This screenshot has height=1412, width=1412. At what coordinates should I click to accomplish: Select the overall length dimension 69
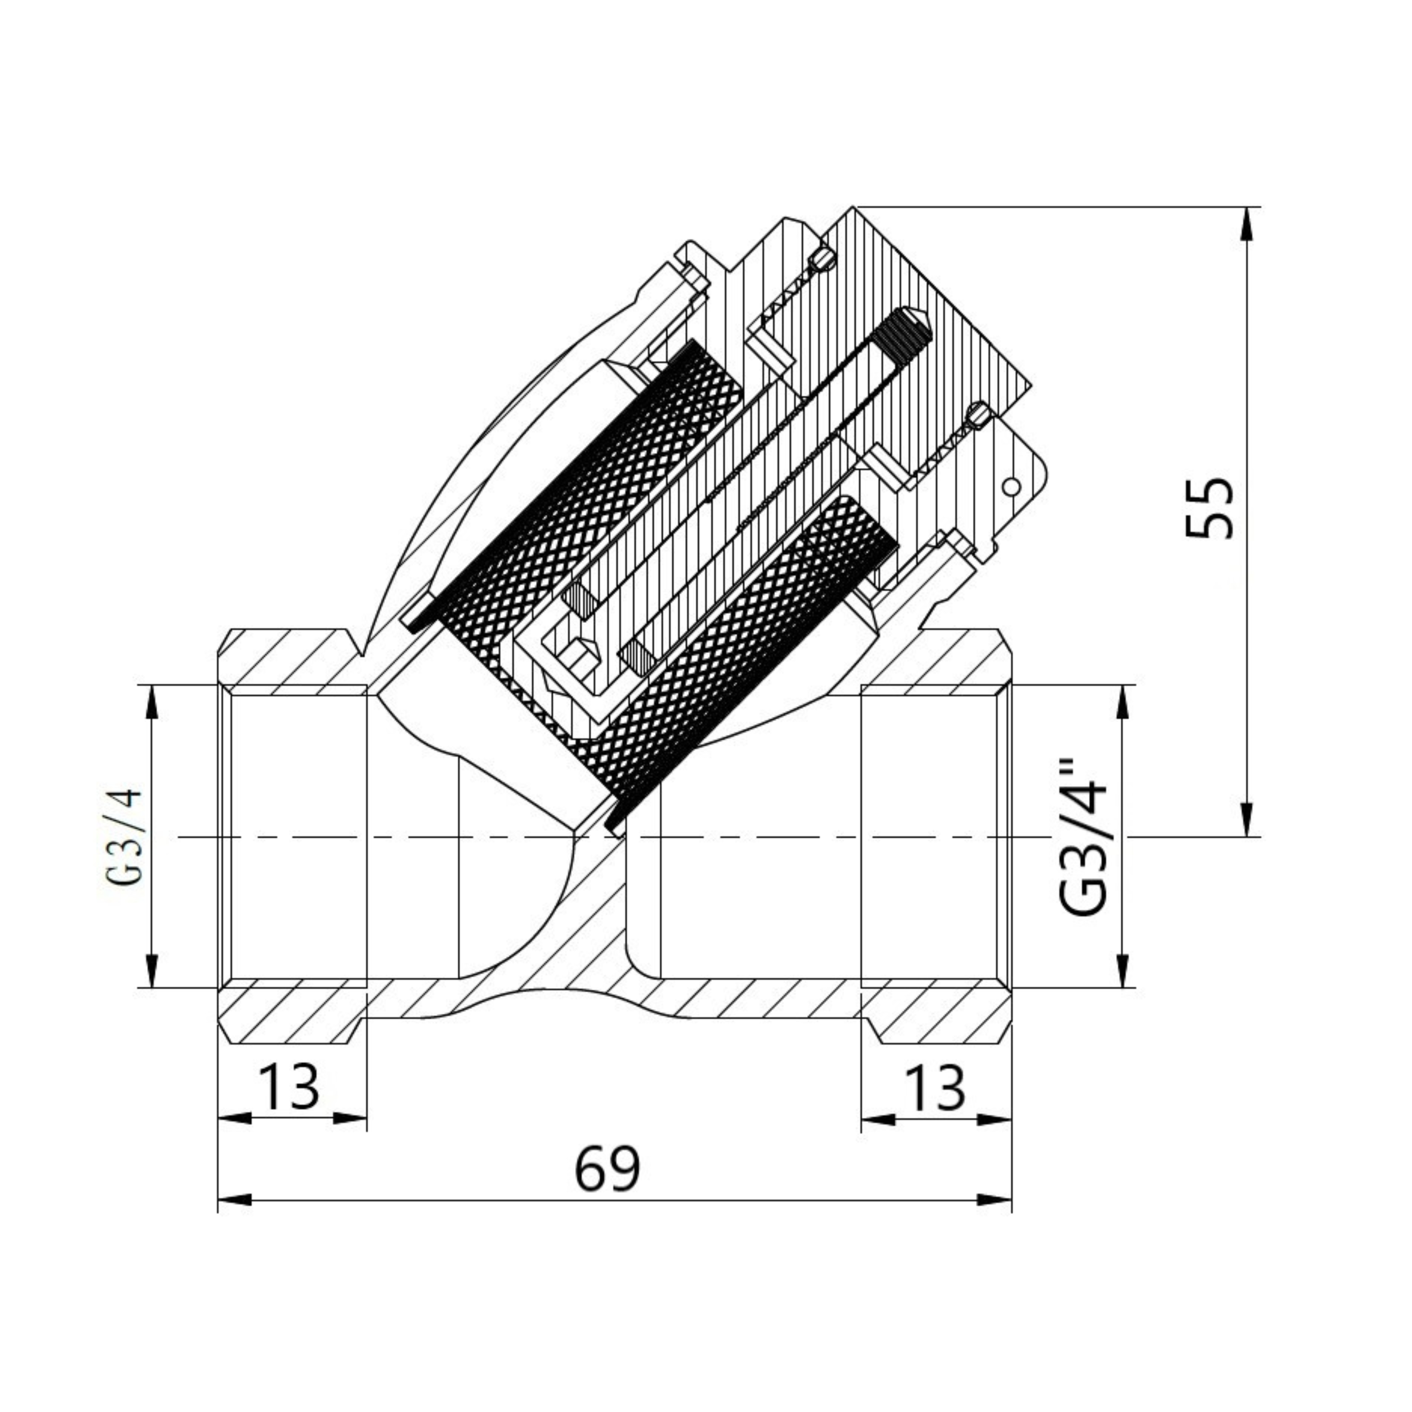pos(607,1169)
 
